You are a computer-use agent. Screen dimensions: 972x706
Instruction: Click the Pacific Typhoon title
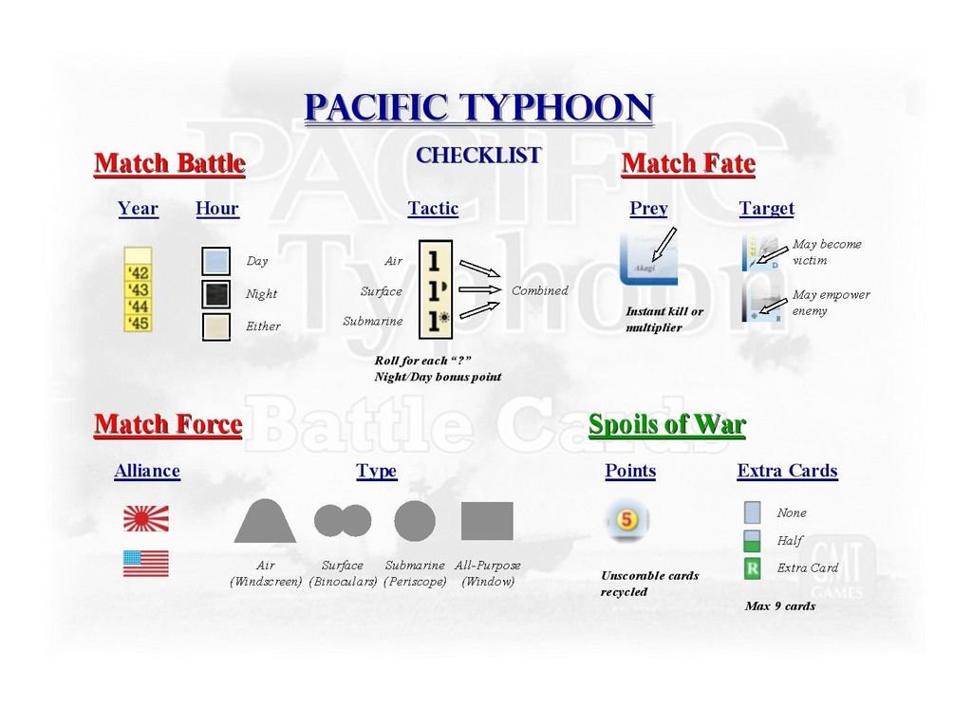click(x=478, y=108)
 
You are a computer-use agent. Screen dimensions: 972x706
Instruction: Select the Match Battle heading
click(x=170, y=163)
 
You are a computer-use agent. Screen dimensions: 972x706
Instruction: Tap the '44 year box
click(x=138, y=307)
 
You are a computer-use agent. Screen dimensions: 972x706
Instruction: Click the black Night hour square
click(x=215, y=294)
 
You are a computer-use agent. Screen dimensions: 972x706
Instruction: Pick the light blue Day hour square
click(x=215, y=261)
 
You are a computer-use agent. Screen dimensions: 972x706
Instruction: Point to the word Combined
click(x=539, y=290)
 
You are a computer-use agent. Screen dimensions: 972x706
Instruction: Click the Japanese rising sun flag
click(x=145, y=518)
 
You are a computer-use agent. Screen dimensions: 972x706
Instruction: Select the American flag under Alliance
click(x=145, y=564)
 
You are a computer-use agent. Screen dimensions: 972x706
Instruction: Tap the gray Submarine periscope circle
click(x=415, y=521)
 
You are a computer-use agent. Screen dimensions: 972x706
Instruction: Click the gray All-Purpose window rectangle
click(x=487, y=521)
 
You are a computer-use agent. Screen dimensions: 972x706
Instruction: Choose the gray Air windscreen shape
click(x=266, y=521)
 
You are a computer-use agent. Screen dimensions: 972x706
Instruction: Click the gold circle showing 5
click(x=626, y=519)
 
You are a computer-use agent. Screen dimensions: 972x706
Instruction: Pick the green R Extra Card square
click(x=752, y=567)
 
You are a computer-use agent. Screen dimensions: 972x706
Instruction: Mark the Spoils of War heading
click(x=667, y=425)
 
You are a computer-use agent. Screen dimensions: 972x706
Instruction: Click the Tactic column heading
click(x=433, y=208)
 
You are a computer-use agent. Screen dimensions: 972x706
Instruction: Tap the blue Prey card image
click(x=648, y=260)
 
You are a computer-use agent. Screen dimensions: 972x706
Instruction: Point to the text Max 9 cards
click(x=780, y=606)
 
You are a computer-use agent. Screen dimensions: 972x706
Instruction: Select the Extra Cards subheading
click(x=787, y=471)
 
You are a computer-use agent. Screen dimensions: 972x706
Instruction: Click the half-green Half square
click(x=752, y=541)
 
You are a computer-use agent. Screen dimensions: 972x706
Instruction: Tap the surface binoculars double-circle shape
click(x=343, y=520)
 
